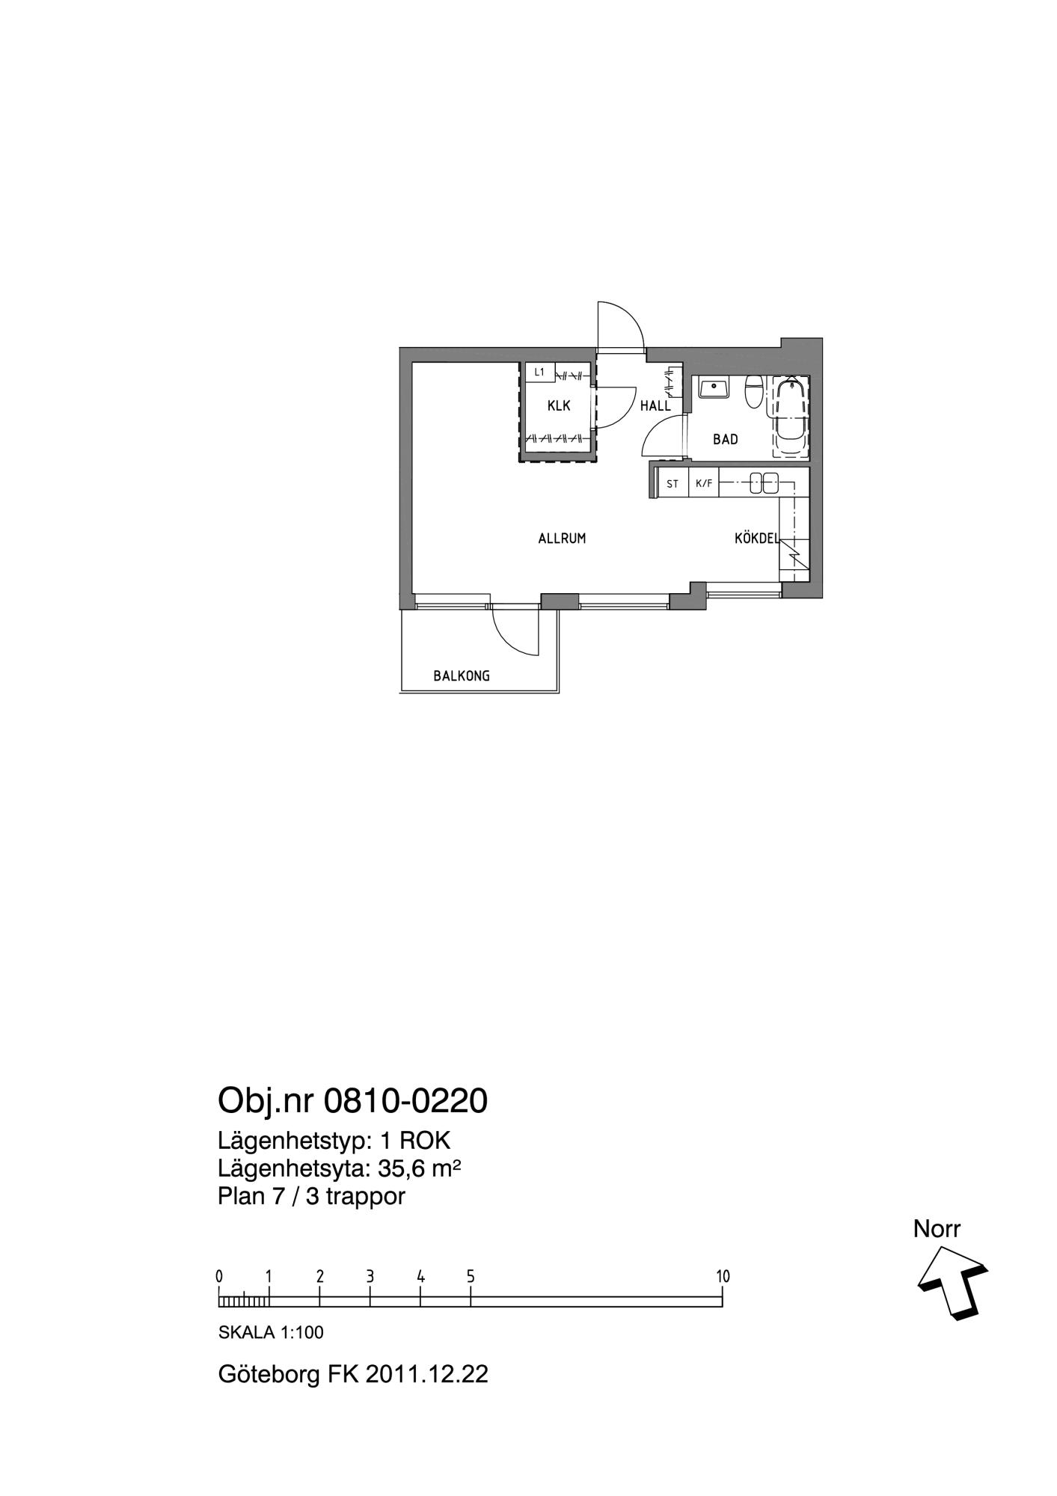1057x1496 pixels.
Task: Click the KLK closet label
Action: click(x=559, y=406)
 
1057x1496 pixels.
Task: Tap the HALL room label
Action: click(x=655, y=406)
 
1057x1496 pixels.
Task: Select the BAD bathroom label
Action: click(x=726, y=439)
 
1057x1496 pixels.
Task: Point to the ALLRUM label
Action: click(x=562, y=538)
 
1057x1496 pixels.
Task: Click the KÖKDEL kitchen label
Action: click(x=757, y=538)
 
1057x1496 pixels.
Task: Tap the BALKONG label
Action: click(x=462, y=676)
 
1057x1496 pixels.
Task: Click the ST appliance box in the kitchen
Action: click(x=673, y=484)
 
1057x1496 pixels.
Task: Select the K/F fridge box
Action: click(x=704, y=483)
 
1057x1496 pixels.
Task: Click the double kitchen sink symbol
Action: click(x=765, y=483)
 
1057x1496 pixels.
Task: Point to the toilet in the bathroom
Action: click(x=753, y=391)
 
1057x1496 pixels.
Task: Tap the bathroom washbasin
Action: click(x=714, y=387)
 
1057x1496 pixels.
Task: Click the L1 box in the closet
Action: click(x=539, y=372)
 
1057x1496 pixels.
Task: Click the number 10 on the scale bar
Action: click(x=723, y=1276)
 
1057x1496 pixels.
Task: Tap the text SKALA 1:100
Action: click(x=271, y=1332)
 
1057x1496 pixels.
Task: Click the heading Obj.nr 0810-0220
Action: click(x=352, y=1100)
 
